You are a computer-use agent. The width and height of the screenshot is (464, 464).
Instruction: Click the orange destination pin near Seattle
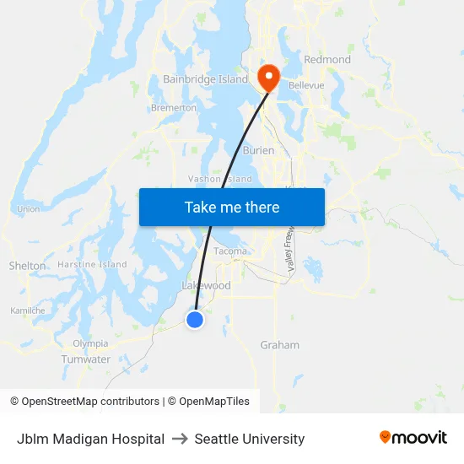point(269,77)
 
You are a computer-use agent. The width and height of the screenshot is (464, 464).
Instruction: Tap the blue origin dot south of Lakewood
point(195,320)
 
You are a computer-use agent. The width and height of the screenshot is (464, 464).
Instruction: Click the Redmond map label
point(327,60)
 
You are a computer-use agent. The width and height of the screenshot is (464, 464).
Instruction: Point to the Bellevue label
point(306,85)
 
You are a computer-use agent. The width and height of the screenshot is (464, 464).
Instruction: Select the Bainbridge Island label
point(205,79)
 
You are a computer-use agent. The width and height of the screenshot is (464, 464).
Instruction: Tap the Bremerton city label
point(174,108)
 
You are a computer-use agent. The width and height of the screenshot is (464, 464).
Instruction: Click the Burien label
point(258,150)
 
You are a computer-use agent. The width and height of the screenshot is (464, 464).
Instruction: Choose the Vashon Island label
point(219,179)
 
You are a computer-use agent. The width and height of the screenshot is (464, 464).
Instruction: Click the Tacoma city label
point(230,251)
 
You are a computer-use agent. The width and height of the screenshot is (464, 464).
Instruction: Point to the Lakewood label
point(207,286)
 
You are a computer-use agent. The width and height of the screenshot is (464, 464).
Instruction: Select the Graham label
point(279,345)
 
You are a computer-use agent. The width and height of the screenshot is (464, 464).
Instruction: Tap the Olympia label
point(90,343)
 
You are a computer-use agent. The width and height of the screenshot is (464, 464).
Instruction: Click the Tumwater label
point(86,359)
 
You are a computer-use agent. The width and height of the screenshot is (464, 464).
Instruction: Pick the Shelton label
point(27,266)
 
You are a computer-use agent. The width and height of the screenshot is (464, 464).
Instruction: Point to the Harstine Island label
point(92,265)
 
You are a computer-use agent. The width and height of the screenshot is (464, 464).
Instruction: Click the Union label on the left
point(28,209)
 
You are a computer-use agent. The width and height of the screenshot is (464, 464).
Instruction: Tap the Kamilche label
point(28,310)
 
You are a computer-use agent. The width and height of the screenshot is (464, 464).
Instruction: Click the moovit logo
point(413,438)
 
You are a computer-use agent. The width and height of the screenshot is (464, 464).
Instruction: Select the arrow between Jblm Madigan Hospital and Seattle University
point(180,439)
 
